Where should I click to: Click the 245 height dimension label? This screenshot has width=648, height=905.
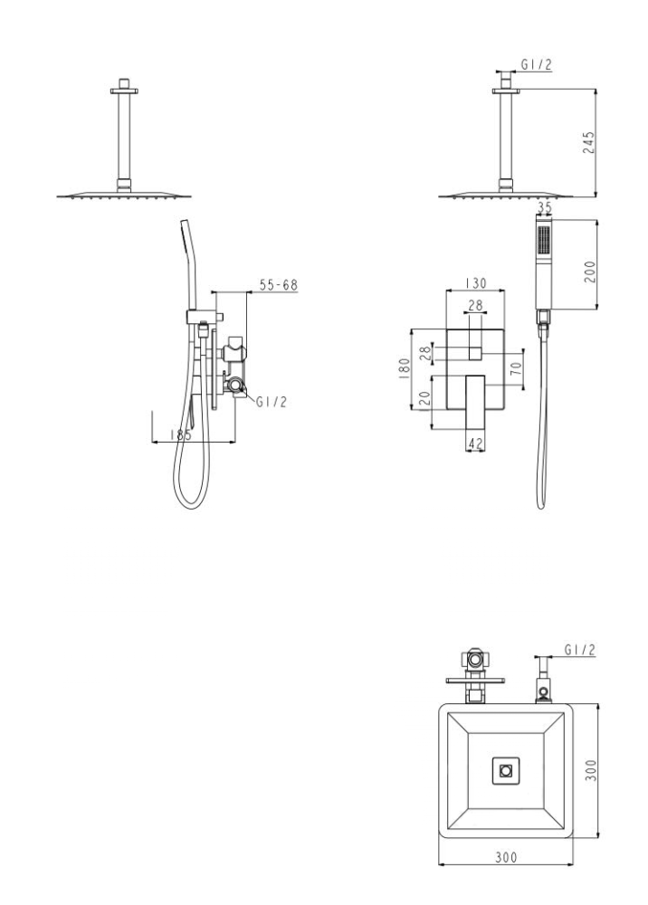(588, 143)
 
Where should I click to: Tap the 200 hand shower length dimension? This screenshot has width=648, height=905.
(589, 271)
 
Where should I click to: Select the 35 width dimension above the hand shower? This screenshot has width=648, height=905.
(544, 206)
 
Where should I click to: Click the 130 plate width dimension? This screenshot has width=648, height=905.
(475, 283)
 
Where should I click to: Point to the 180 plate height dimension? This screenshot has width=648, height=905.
(404, 369)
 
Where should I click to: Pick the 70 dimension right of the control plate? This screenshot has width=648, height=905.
(517, 368)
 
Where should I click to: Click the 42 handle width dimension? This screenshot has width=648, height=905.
(475, 443)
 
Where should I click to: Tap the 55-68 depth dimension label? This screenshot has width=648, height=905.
(278, 284)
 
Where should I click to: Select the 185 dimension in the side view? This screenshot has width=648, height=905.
(181, 434)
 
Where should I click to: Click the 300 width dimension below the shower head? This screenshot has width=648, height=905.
(506, 857)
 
